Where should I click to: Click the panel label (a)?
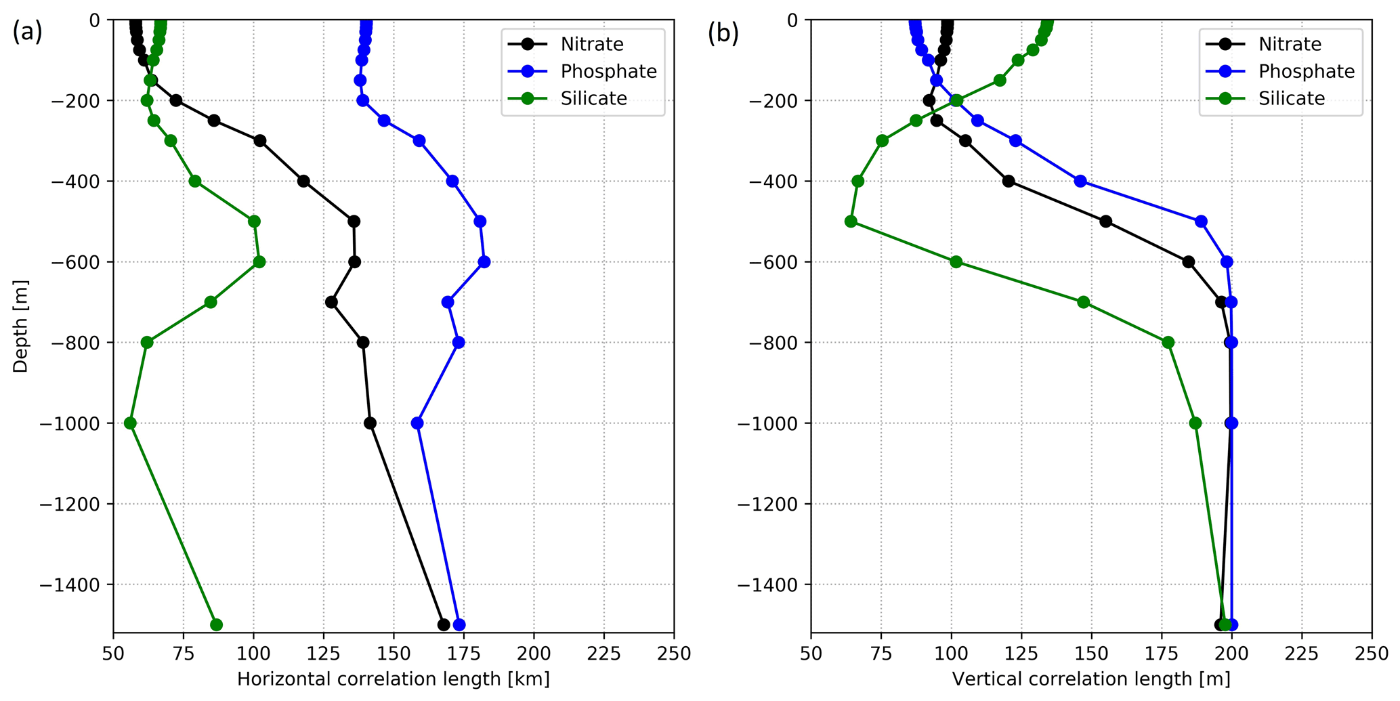point(27,33)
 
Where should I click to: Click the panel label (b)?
point(723,33)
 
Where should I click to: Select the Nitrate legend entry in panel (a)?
point(591,44)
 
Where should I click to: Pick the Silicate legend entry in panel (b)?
point(1291,99)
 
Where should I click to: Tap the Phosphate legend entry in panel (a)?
point(608,72)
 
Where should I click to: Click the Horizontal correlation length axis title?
point(393,679)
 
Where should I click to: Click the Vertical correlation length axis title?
point(1090,679)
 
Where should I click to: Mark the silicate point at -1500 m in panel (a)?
point(216,624)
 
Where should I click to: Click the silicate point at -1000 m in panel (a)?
point(130,423)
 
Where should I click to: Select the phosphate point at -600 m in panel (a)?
point(484,262)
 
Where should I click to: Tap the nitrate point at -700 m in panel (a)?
point(331,302)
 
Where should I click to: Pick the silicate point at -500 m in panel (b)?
point(851,221)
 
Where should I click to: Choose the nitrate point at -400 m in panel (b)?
point(1009,182)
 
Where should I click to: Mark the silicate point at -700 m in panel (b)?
point(1083,302)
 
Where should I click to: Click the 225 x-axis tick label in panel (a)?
point(603,654)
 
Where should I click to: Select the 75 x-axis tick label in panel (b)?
point(881,654)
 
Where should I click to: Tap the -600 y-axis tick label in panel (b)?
point(773,262)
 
